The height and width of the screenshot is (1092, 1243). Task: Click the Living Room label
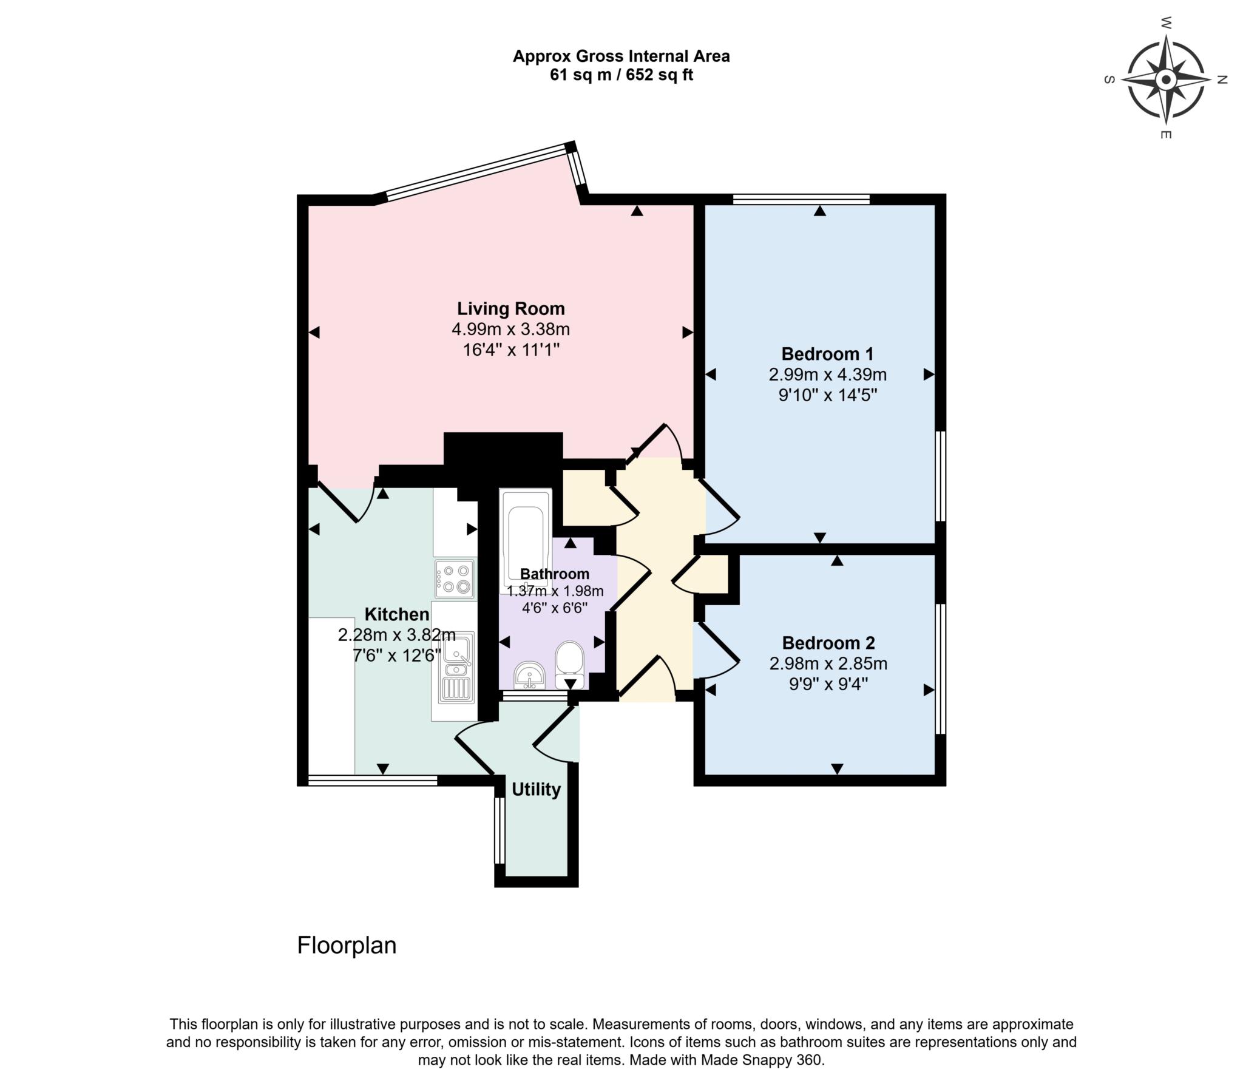pyautogui.click(x=511, y=308)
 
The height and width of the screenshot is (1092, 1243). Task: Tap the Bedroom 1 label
pyautogui.click(x=827, y=353)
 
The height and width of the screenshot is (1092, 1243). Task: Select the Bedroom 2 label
pyautogui.click(x=828, y=642)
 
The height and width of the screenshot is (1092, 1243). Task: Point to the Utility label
pyautogui.click(x=536, y=790)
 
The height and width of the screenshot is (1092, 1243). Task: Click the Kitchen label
pyautogui.click(x=396, y=614)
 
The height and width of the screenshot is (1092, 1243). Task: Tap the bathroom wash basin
pyautogui.click(x=530, y=675)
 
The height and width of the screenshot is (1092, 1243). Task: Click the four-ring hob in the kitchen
pyautogui.click(x=455, y=578)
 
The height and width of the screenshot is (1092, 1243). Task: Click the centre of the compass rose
pyautogui.click(x=1166, y=80)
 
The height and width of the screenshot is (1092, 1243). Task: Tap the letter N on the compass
pyautogui.click(x=1222, y=80)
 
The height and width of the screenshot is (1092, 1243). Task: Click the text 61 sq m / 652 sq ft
pyautogui.click(x=621, y=75)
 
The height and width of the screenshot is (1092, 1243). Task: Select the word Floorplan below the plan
pyautogui.click(x=347, y=945)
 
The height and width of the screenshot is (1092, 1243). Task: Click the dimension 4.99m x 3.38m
pyautogui.click(x=511, y=330)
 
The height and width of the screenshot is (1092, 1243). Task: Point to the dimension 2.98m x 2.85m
pyautogui.click(x=828, y=663)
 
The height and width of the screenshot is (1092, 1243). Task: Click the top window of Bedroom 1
pyautogui.click(x=801, y=198)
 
